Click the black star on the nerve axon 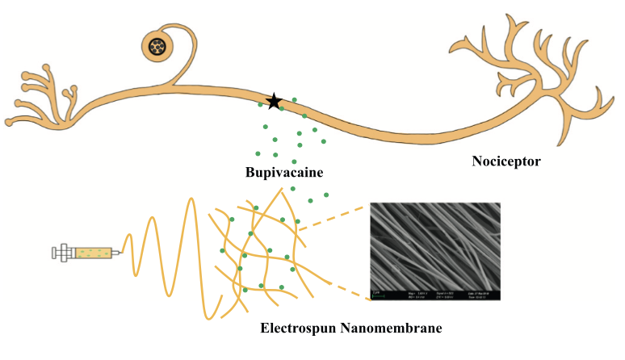[275, 101]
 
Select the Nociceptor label [506, 161]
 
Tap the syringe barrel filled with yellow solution [92, 253]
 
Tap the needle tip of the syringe [122, 253]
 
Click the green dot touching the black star [282, 107]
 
